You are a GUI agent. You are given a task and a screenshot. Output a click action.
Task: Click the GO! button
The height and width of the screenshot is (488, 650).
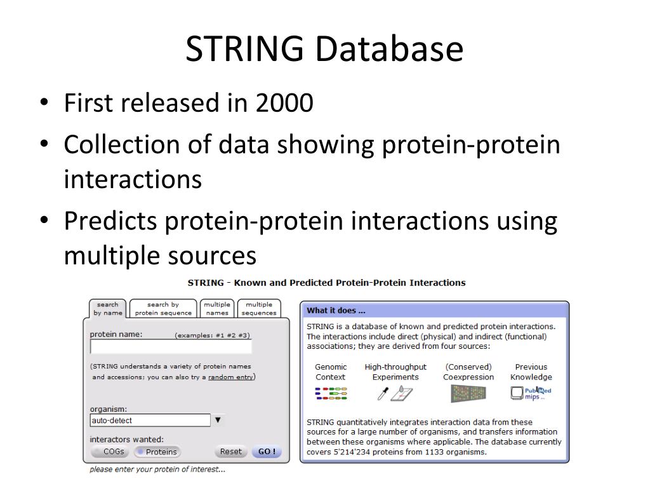pos(266,452)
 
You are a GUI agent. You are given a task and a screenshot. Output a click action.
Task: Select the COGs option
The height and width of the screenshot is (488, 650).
pos(109,452)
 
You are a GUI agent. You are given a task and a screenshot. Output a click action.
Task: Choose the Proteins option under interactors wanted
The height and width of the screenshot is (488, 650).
pos(157,452)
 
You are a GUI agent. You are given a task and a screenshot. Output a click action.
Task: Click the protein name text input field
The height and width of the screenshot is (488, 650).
pos(171,347)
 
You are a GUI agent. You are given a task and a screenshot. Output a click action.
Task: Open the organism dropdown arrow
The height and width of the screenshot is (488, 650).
pos(218,420)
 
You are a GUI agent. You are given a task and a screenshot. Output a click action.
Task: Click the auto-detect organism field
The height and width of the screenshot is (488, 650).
pos(149,420)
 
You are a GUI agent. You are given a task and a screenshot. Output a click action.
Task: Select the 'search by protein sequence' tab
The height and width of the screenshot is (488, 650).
pos(163,309)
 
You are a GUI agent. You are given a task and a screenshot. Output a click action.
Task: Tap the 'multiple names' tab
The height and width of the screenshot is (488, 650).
pos(217,309)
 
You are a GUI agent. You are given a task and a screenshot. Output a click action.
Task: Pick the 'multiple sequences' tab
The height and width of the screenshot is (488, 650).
pos(259,309)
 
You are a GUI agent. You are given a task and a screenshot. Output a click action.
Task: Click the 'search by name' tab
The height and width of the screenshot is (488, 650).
pos(107,309)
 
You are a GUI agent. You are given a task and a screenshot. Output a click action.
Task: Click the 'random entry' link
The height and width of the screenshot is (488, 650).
pos(231,377)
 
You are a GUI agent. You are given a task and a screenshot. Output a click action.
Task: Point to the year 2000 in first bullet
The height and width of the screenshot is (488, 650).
pos(284,103)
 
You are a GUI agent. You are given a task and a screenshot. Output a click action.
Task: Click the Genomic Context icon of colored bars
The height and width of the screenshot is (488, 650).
pos(331,393)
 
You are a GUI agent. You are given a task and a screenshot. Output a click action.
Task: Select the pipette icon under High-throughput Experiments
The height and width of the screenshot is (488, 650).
pos(383,394)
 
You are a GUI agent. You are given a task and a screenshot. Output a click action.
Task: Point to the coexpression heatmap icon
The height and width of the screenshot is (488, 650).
pos(468,393)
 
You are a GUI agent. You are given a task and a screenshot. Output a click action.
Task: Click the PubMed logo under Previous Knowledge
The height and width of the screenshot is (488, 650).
pos(532,393)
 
